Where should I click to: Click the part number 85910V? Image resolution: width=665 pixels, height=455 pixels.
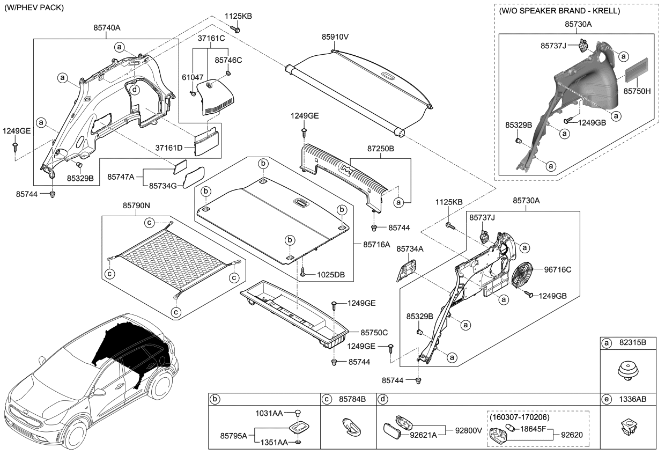pyautogui.click(x=335, y=38)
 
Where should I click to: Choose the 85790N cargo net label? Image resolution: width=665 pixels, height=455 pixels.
pyautogui.click(x=137, y=206)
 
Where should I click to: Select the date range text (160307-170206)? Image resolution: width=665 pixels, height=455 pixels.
pyautogui.click(x=519, y=416)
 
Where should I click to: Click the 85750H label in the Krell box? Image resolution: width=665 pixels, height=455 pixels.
pyautogui.click(x=637, y=92)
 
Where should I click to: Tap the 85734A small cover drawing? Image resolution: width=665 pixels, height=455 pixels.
pyautogui.click(x=407, y=269)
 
